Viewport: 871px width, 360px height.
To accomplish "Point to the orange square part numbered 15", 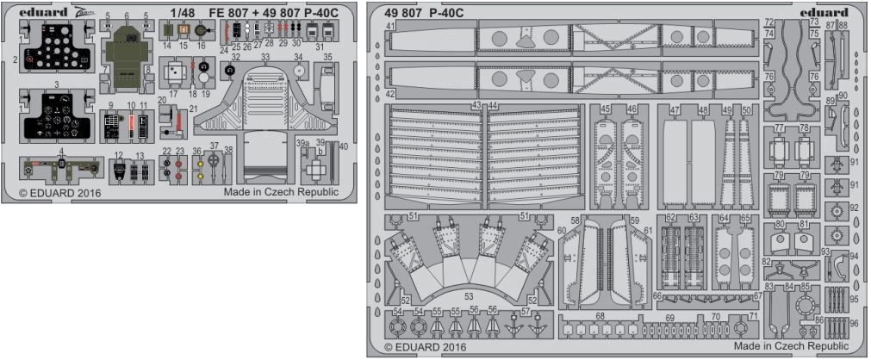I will click(x=183, y=31).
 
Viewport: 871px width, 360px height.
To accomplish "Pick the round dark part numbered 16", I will click(x=202, y=32).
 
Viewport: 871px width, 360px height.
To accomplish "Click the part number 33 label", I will click(x=266, y=57).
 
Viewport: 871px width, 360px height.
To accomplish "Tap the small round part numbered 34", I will click(x=299, y=71).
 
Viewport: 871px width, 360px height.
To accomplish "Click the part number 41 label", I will click(x=390, y=27).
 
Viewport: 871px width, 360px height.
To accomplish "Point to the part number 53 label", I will click(x=468, y=296).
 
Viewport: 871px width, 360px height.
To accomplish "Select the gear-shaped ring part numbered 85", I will click(x=806, y=303).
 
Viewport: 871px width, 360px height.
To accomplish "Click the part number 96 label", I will click(x=854, y=323).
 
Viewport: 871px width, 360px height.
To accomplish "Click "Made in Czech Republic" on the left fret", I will click(x=281, y=193).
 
